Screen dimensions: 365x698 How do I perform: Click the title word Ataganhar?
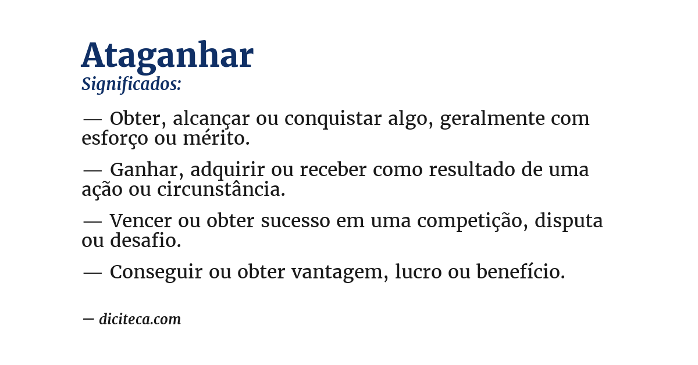pos(168,56)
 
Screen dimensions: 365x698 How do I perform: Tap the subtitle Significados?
pos(131,85)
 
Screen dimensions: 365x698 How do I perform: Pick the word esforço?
pos(115,138)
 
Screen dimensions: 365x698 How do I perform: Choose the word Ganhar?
pos(146,170)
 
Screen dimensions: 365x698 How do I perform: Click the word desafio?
pos(146,240)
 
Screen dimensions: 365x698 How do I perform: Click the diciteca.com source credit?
pos(140,319)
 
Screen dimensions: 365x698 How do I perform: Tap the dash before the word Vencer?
pos(92,221)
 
